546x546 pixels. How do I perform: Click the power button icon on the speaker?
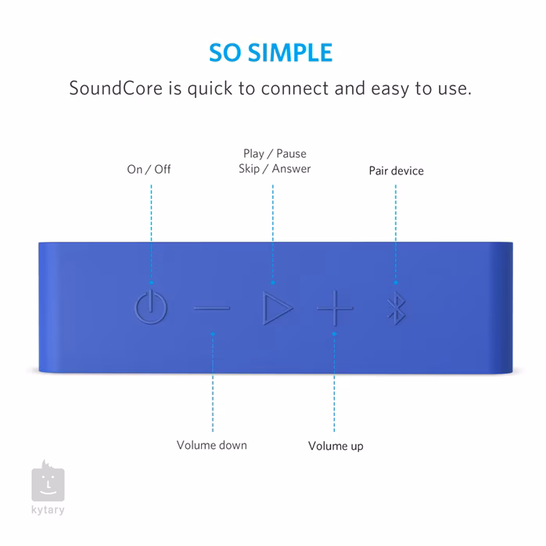[x=151, y=307]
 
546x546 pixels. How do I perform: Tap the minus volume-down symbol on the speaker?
[x=212, y=308]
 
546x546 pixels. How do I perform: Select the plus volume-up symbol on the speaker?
[x=335, y=308]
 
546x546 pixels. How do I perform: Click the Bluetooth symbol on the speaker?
[x=395, y=308]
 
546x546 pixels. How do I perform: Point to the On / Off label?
[x=149, y=169]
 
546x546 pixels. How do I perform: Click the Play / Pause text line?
[x=275, y=153]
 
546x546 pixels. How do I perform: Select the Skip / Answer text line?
[x=275, y=168]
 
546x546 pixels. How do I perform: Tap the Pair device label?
[x=396, y=170]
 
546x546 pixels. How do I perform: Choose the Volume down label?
[x=211, y=445]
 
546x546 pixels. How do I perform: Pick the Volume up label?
[x=335, y=446]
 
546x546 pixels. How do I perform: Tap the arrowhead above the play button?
[x=273, y=281]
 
